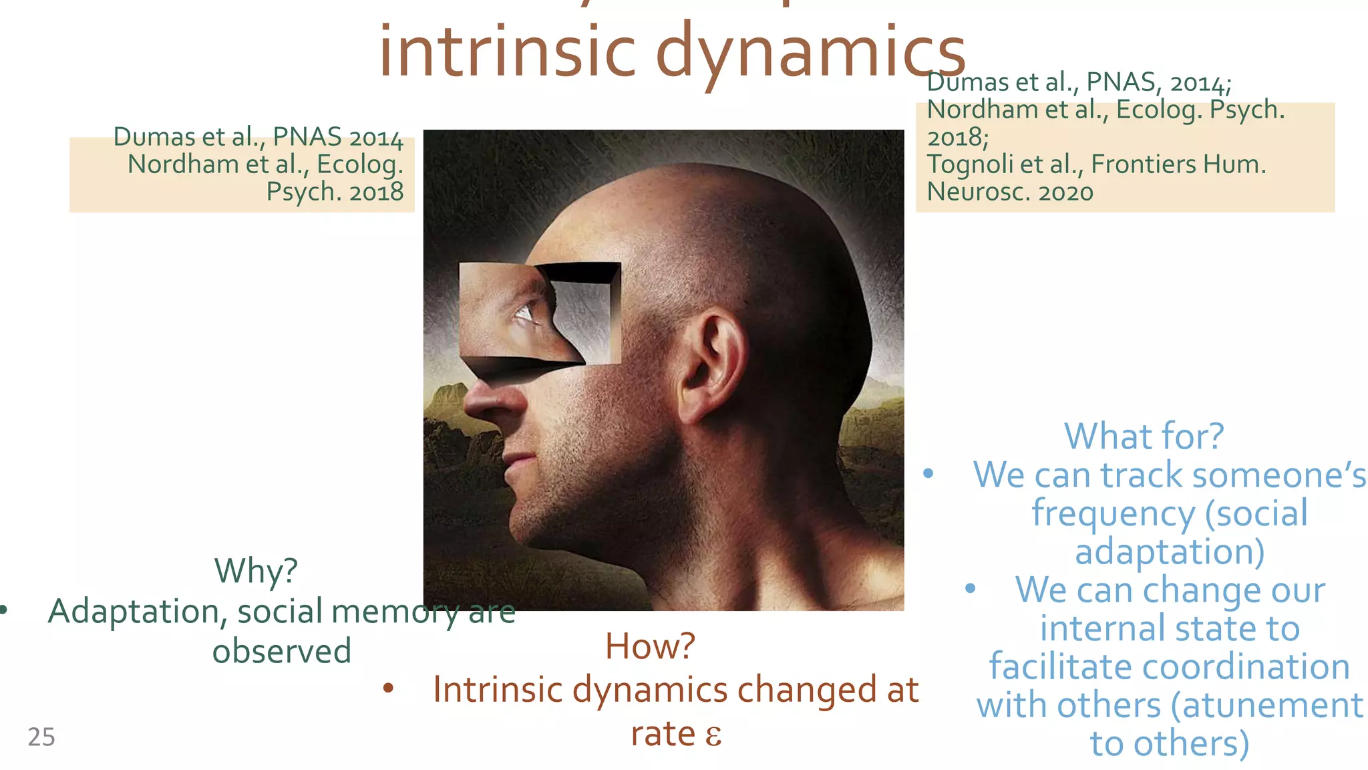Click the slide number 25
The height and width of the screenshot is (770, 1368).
[41, 737]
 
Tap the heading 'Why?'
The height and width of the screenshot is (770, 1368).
[256, 571]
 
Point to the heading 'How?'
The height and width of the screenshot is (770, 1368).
[650, 646]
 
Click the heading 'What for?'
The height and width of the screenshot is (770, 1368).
[1144, 436]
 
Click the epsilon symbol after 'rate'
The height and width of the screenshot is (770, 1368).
[713, 735]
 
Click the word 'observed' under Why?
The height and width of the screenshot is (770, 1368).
[281, 651]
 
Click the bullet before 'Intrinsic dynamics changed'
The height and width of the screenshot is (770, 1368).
[388, 688]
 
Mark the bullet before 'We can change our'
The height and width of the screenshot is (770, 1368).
[970, 589]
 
